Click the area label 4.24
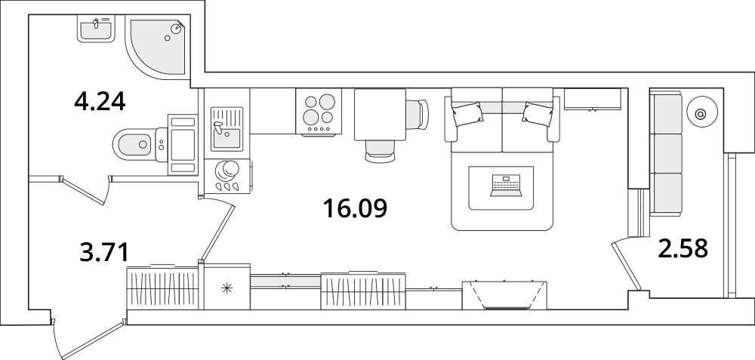100,102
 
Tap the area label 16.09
355,208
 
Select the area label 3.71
104,253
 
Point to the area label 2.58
683,248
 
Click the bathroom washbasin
97,29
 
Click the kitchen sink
226,129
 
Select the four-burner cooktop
319,112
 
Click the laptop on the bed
506,186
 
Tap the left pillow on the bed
467,115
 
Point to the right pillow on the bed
538,114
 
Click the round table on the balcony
702,114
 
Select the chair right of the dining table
417,115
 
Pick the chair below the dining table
381,151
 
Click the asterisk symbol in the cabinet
226,288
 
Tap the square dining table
381,115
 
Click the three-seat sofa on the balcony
667,153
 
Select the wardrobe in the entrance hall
163,288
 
